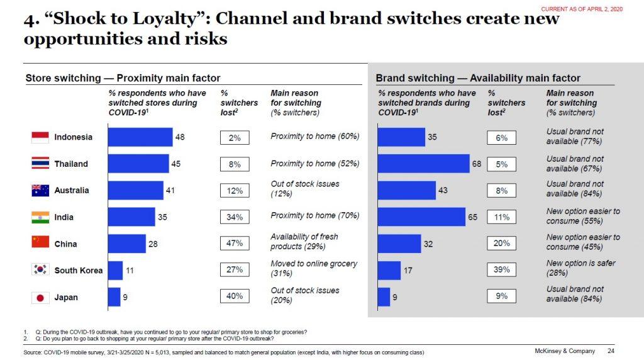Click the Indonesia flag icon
click(40, 137)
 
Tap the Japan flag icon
click(40, 297)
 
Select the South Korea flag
click(40, 271)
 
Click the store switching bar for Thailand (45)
click(138, 164)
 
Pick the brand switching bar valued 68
click(424, 164)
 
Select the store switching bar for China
click(126, 244)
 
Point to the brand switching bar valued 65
click(421, 217)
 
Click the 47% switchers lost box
click(235, 244)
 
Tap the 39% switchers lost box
click(501, 270)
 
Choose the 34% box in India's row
click(235, 217)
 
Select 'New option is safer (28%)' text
click(580, 268)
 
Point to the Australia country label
click(72, 190)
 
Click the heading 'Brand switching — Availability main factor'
click(478, 78)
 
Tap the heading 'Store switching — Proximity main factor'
click(123, 78)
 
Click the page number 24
click(611, 351)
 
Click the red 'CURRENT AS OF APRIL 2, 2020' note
click(582, 9)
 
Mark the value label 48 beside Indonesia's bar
click(180, 137)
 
